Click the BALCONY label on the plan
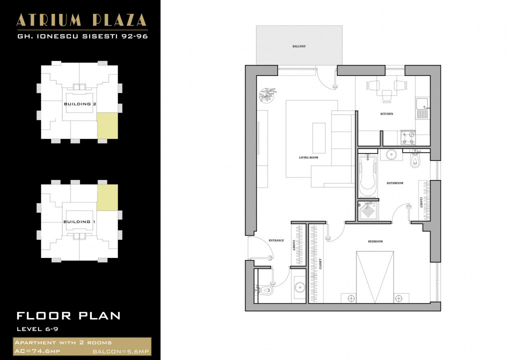[x=299, y=46]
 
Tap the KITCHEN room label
[x=386, y=114]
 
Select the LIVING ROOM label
[x=308, y=157]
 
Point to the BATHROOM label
[x=394, y=183]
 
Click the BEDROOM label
[x=375, y=241]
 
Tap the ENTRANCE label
[x=276, y=240]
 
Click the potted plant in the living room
[x=267, y=94]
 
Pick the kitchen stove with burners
[x=407, y=135]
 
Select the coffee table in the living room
[x=319, y=137]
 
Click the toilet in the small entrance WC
[x=265, y=289]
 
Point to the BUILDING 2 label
[x=80, y=104]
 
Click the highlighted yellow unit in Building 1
[x=107, y=197]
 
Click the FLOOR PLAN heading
[x=68, y=315]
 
